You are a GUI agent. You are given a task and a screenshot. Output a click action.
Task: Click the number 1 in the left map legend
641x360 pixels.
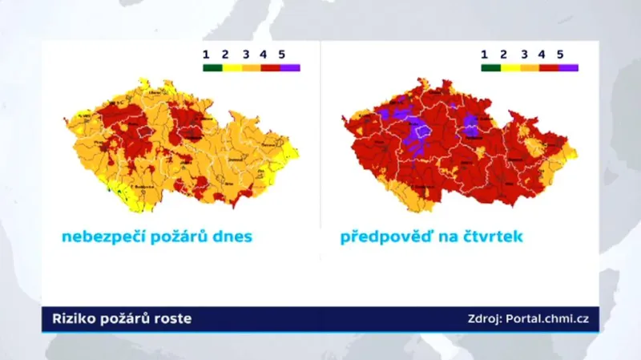pos(206,54)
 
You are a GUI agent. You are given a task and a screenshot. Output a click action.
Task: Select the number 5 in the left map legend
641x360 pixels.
pos(281,54)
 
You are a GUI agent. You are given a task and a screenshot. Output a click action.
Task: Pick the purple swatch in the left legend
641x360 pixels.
pos(290,68)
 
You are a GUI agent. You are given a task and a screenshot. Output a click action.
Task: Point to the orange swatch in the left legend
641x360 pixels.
pos(252,68)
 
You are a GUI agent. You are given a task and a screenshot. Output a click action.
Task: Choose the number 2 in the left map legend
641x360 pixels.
pos(225,54)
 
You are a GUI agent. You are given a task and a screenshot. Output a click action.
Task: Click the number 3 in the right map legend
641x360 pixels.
pos(523,54)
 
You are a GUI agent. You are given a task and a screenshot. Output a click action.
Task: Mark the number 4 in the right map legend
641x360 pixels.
pos(542,54)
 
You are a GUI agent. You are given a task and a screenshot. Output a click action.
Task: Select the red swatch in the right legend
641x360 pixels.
pos(549,68)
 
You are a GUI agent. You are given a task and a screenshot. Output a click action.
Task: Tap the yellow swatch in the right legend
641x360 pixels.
pos(510,68)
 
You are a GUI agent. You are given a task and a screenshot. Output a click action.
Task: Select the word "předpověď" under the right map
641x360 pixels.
pos(382,238)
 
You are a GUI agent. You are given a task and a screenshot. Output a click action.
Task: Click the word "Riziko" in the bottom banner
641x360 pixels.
pos(74,319)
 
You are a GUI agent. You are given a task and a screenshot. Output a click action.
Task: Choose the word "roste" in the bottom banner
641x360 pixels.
pos(174,319)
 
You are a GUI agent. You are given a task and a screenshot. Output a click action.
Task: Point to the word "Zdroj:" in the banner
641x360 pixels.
pos(485,319)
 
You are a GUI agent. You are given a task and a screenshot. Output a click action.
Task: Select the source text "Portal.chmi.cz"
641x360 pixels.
pos(549,319)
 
